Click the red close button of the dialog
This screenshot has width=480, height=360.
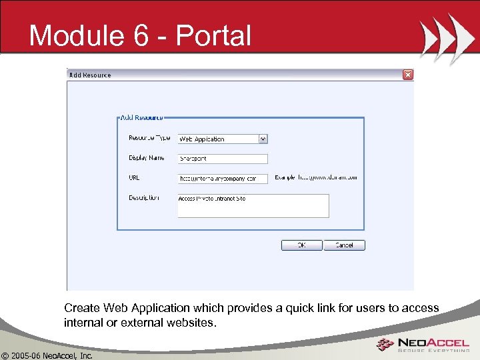click(x=408, y=75)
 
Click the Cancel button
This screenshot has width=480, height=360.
click(x=344, y=245)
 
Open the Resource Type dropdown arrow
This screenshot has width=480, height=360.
click(x=263, y=139)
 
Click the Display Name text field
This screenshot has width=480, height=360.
click(x=223, y=159)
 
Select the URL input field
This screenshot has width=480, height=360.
click(x=223, y=179)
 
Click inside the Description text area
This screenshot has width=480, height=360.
click(x=253, y=206)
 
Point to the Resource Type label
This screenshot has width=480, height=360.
click(x=149, y=138)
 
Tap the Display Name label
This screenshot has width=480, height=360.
click(x=147, y=158)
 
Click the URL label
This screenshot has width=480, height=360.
click(x=134, y=178)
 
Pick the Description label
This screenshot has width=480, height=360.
click(x=144, y=198)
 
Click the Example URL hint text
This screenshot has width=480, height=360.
click(x=316, y=177)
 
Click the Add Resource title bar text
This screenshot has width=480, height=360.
click(x=91, y=75)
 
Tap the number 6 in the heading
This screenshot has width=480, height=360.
click(x=141, y=35)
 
